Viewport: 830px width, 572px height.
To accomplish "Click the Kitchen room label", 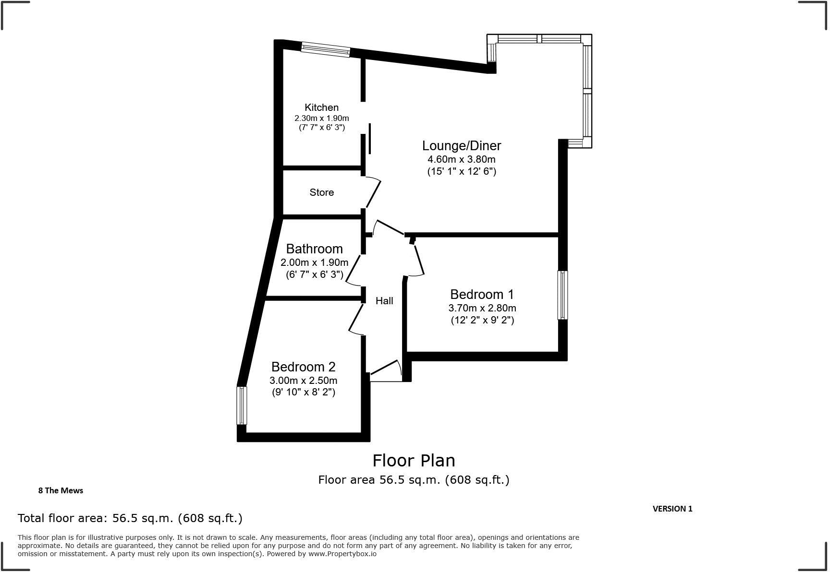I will tap(321, 107).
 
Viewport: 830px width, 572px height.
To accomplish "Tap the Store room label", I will tap(321, 192).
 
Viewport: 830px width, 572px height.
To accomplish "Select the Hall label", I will tap(384, 301).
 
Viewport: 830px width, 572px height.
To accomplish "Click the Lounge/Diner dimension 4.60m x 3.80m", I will tap(462, 159).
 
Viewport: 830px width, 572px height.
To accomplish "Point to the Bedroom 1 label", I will tap(482, 294).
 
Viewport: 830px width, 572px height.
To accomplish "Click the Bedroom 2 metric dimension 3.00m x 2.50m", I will tap(303, 381).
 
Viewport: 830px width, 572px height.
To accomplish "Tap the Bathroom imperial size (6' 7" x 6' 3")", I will tap(315, 274).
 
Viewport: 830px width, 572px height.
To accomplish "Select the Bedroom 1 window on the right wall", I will tap(562, 295).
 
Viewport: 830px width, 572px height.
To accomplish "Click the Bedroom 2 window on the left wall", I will tap(242, 405).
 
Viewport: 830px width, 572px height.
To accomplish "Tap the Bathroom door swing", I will tap(354, 270).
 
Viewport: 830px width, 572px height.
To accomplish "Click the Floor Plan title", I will tap(414, 461).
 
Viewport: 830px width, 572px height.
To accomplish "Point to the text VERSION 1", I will tap(672, 509).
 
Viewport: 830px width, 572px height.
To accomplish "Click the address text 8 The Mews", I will tap(61, 490).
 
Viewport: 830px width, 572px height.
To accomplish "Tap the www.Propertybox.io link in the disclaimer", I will tap(342, 554).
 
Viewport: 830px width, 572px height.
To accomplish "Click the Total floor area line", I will tap(130, 518).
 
